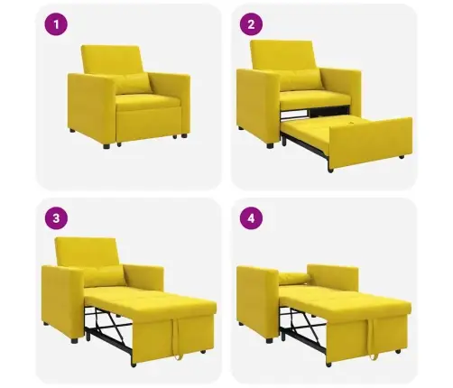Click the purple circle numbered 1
56,24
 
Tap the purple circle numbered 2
251,24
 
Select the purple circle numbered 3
56,218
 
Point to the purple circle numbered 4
251,218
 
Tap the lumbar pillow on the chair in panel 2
300,79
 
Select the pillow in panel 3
105,276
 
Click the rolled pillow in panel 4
294,278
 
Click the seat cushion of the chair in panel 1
147,102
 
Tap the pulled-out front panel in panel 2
371,143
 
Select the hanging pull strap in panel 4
374,338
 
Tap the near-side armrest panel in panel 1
92,107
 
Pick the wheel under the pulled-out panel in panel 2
331,171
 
